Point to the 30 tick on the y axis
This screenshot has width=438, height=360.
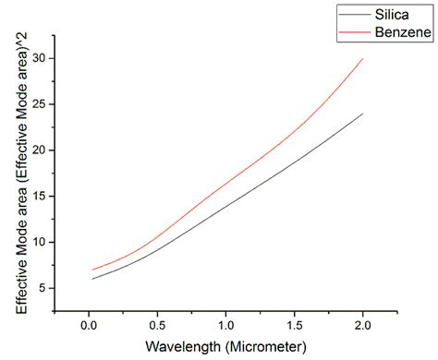pyautogui.click(x=38, y=58)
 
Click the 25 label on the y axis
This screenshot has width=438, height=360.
pyautogui.click(x=38, y=104)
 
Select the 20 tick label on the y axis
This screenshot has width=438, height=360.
pyautogui.click(x=38, y=150)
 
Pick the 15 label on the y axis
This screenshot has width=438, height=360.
pyautogui.click(x=38, y=197)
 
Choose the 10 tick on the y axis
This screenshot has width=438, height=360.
pyautogui.click(x=38, y=242)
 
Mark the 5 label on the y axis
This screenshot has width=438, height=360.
pyautogui.click(x=42, y=288)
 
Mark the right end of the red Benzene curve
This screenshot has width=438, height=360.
pyautogui.click(x=362, y=59)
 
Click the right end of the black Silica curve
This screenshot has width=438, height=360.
pyautogui.click(x=362, y=114)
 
